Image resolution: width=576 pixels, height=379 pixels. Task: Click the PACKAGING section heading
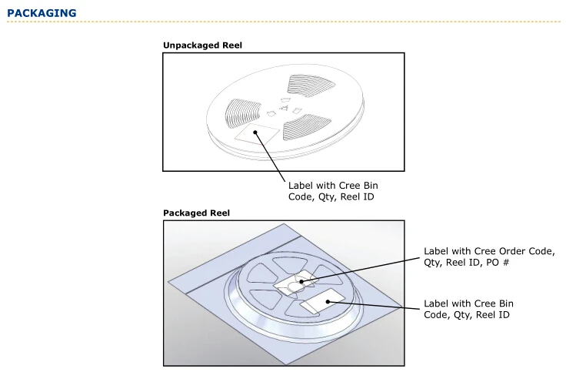point(42,13)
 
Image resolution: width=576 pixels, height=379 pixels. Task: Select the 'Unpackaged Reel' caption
point(202,45)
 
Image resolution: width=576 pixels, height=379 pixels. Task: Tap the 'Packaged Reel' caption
point(196,213)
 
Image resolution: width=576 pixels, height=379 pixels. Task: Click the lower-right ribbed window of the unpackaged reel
point(306,126)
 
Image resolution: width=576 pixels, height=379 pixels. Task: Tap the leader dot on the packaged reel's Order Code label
point(302,282)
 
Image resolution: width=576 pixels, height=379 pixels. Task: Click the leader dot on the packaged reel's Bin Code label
point(328,300)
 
